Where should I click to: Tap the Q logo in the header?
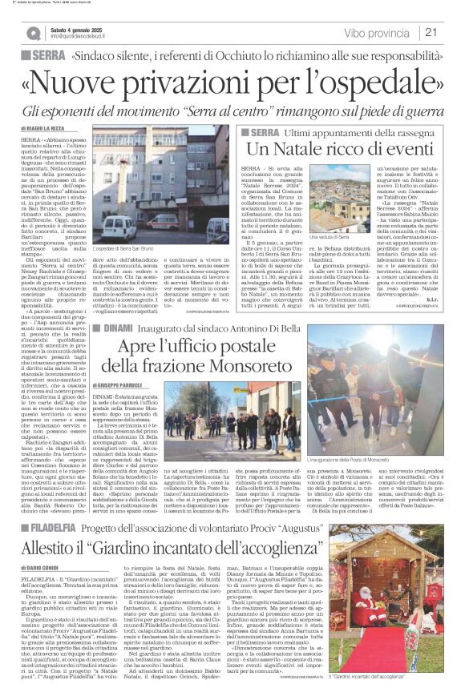[33, 33]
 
